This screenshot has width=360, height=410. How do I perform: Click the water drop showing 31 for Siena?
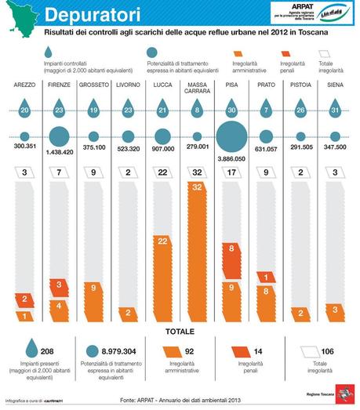(x=335, y=112)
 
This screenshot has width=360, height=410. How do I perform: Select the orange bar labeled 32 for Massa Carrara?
(x=197, y=251)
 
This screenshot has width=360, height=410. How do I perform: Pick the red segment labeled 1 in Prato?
(x=266, y=277)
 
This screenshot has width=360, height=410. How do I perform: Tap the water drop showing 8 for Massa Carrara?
(x=197, y=112)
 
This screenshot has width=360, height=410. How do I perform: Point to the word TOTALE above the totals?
(x=180, y=332)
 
